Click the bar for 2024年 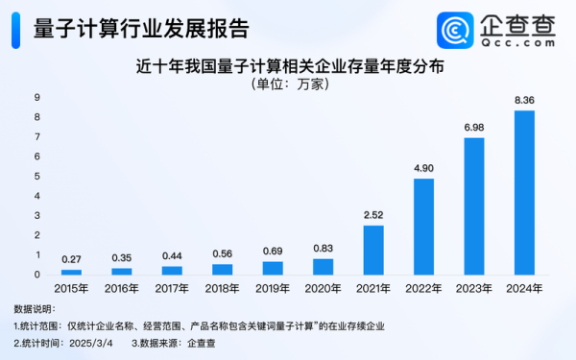pyautogui.click(x=524, y=192)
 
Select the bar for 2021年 pyautogui.click(x=373, y=250)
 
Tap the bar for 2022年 pyautogui.click(x=423, y=227)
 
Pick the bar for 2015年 pyautogui.click(x=71, y=272)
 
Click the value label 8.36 pyautogui.click(x=524, y=101)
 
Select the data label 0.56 pyautogui.click(x=222, y=254)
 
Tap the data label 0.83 pyautogui.click(x=323, y=249)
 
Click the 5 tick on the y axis pyautogui.click(x=36, y=177)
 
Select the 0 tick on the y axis pyautogui.click(x=36, y=276)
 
